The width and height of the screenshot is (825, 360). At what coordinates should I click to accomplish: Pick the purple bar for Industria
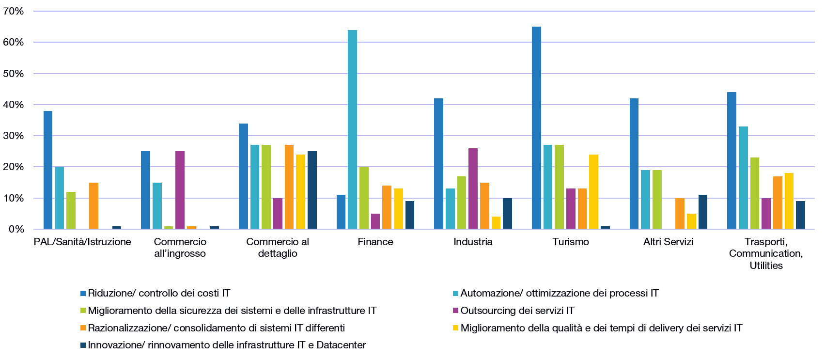[x=473, y=188]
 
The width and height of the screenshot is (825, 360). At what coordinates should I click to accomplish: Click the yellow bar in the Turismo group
[x=593, y=191]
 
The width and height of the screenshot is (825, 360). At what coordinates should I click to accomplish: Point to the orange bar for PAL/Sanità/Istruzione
[x=93, y=205]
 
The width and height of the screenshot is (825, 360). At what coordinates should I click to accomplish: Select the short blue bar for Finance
[x=341, y=212]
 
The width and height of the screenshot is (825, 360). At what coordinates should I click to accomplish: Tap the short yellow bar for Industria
[x=496, y=222]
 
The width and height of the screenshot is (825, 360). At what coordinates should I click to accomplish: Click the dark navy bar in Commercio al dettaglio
[x=312, y=190]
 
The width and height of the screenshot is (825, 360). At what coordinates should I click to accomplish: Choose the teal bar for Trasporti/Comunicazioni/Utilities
[x=743, y=177]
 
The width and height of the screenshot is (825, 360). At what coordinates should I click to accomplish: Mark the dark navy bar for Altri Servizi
[x=703, y=212]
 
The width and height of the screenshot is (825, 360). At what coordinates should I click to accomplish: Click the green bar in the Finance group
[x=364, y=198]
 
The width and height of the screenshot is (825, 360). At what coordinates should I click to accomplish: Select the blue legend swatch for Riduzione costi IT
[x=83, y=293]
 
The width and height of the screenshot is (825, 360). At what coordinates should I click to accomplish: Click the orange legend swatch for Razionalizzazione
[x=83, y=328]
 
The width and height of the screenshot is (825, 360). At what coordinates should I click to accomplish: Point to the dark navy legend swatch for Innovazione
[x=83, y=345]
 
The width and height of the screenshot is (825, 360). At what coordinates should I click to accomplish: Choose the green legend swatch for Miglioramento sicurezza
[x=83, y=311]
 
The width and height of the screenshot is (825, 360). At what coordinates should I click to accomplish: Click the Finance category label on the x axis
[x=375, y=242]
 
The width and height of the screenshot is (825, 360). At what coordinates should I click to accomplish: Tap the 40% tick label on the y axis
[x=14, y=105]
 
